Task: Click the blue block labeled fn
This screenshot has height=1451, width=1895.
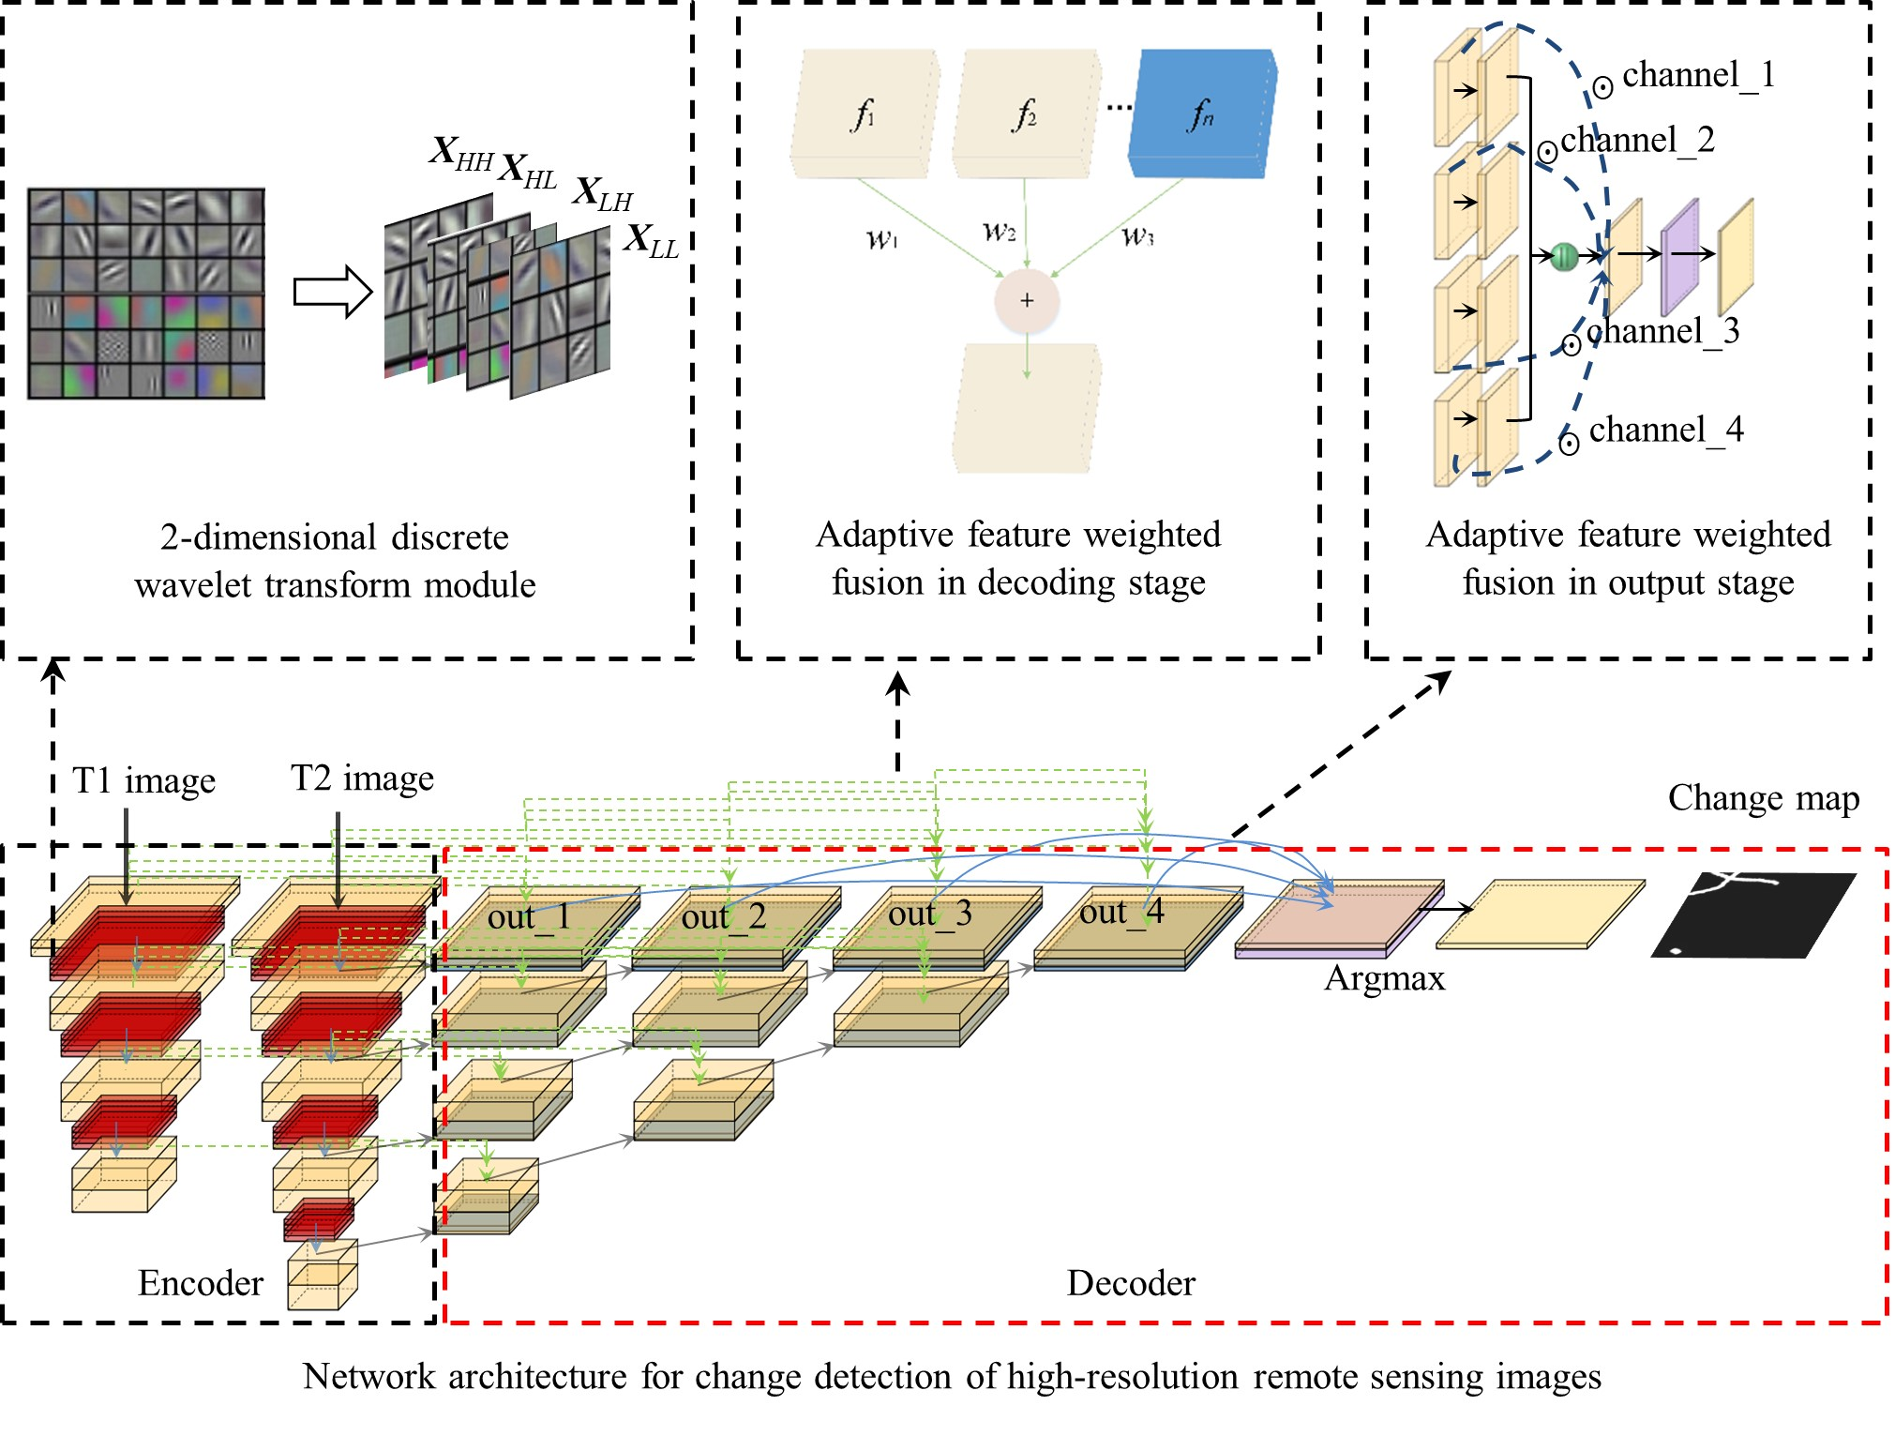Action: point(1202,113)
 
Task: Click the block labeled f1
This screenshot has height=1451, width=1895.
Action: point(864,113)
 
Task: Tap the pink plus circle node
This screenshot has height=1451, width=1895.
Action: point(1027,300)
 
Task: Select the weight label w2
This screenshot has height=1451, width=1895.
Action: point(999,231)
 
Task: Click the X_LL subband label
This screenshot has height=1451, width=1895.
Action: point(651,241)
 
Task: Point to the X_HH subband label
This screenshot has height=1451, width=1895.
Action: point(460,153)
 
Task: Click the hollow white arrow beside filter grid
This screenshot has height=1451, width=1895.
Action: point(332,292)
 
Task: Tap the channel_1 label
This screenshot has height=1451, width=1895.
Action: point(1698,75)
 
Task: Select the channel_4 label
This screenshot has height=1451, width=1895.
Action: point(1665,430)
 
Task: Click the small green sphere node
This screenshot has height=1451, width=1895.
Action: point(1564,256)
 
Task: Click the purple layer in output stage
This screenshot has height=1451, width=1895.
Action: point(1679,256)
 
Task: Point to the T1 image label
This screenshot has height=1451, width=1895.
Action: point(144,780)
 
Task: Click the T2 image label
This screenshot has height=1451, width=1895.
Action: point(362,778)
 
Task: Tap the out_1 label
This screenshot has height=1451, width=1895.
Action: point(529,916)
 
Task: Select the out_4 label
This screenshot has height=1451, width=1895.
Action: point(1121,912)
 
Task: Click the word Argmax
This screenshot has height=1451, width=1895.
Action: point(1384,978)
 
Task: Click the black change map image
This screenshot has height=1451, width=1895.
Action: point(1753,914)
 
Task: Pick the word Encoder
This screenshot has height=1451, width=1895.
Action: point(201,1283)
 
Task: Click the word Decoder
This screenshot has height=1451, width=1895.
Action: point(1131,1283)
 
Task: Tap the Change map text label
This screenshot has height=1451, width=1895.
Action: point(1763,798)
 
